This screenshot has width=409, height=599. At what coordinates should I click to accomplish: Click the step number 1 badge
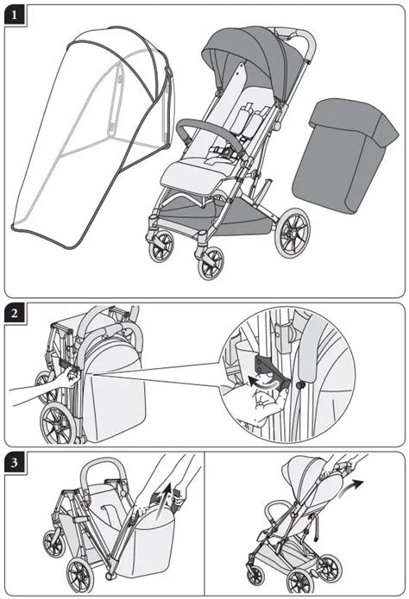pos(15,16)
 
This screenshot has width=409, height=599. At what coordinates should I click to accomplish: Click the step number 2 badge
pos(15,314)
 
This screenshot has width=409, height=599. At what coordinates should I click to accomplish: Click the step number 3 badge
pos(15,463)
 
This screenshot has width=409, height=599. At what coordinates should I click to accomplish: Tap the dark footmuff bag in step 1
pos(344,155)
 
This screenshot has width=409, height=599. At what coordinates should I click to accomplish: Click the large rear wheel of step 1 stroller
pos(293,233)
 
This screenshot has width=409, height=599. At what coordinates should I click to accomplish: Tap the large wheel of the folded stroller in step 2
pos(59,423)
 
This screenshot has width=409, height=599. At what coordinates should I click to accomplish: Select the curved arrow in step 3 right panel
pos(350,489)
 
